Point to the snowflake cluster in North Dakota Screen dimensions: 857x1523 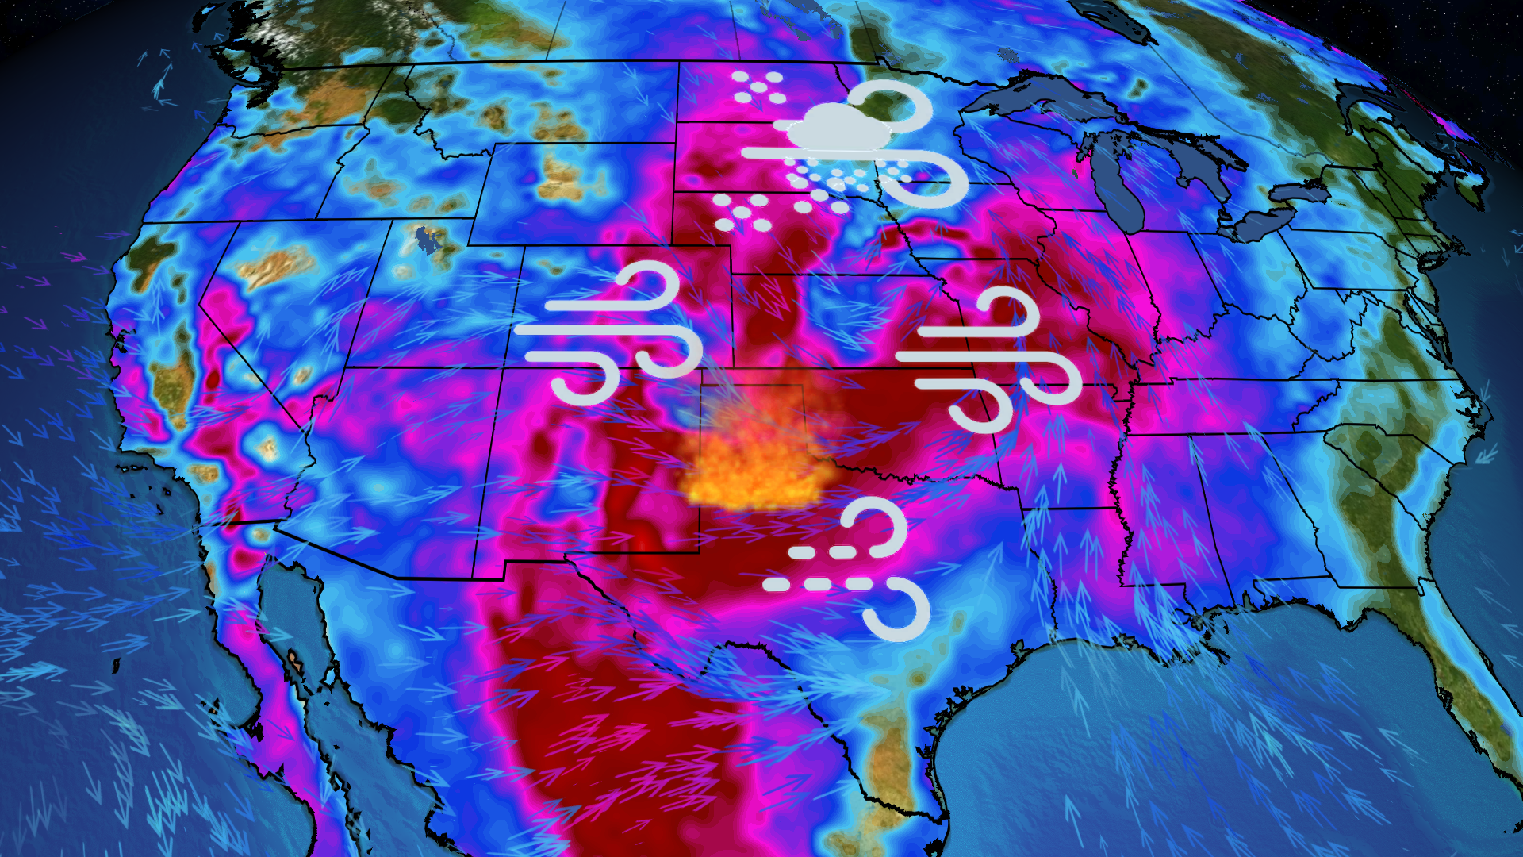coord(758,87)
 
